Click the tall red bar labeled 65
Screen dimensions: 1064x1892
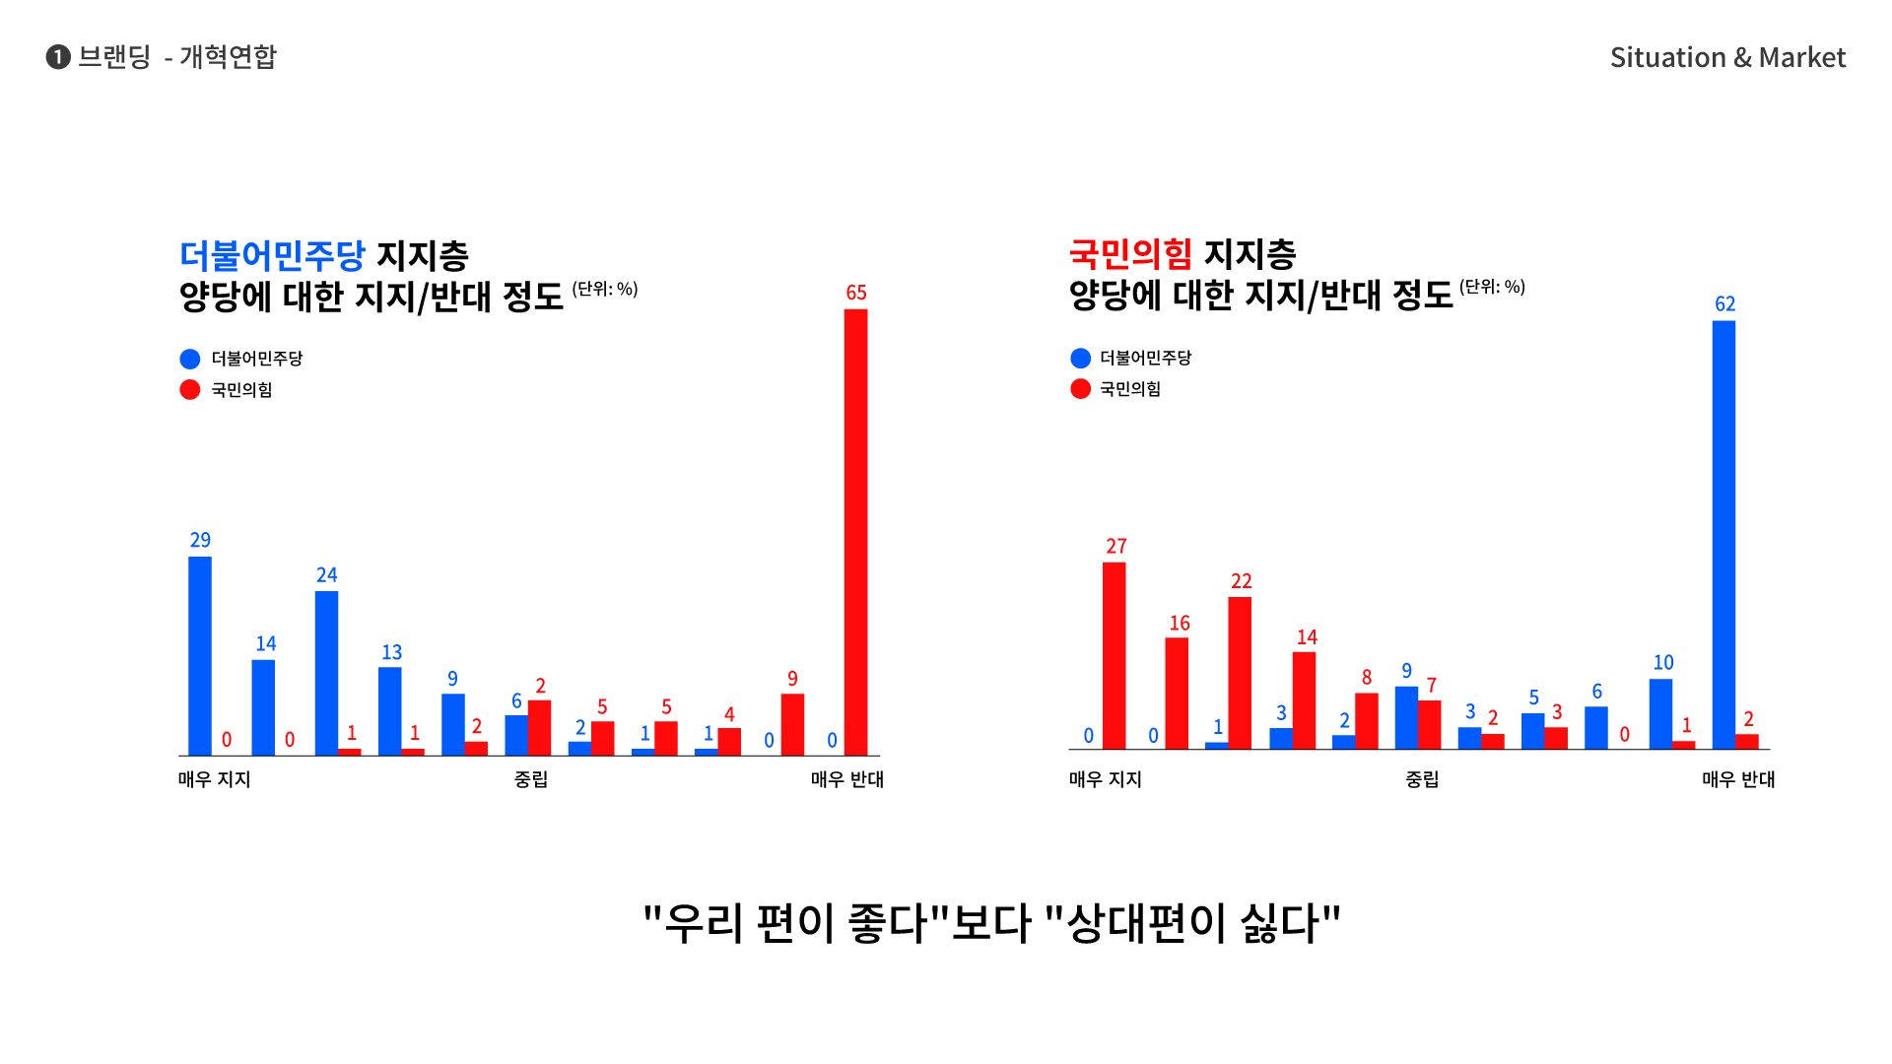coord(855,532)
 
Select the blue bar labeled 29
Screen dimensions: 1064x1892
coord(200,656)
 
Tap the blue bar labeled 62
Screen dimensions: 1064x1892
coord(1723,535)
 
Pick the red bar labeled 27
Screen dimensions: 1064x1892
coord(1115,656)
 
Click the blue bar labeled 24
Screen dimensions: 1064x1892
coord(326,673)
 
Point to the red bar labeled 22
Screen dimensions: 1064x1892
coord(1240,673)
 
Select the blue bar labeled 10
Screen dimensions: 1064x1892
coord(1660,713)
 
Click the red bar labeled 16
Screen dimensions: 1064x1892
coord(1177,693)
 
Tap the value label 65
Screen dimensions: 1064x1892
coord(856,293)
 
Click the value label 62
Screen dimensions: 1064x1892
coord(1724,304)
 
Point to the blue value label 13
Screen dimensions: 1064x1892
coord(391,652)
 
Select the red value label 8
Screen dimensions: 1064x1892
coord(1367,678)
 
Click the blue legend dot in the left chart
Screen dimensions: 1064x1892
coord(190,359)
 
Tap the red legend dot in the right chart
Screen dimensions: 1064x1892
coord(1080,389)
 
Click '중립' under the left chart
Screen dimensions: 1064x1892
coord(531,779)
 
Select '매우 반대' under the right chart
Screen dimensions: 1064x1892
coord(1738,779)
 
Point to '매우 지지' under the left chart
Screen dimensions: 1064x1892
coord(215,779)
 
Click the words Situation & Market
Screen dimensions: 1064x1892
coord(1727,57)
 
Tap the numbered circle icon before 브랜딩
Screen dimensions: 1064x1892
coord(58,57)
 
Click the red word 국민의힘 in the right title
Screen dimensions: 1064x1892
coord(1130,254)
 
